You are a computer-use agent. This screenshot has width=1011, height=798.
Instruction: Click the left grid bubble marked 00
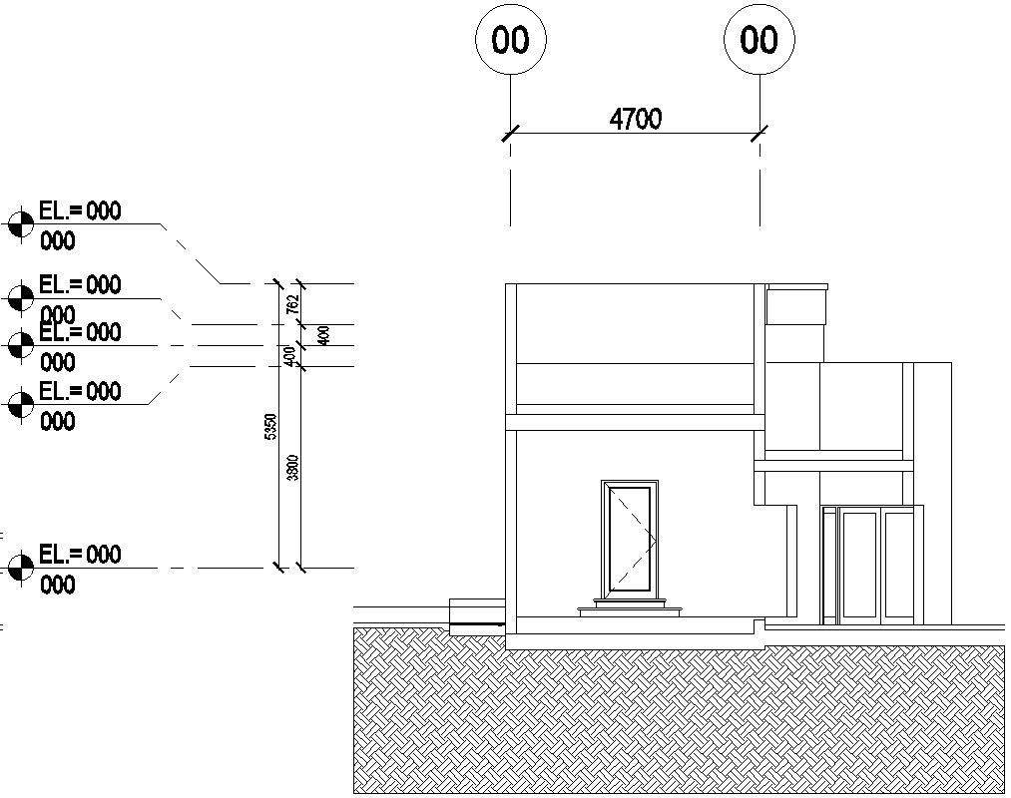click(x=511, y=40)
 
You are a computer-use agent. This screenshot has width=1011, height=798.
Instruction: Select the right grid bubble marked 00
click(x=759, y=40)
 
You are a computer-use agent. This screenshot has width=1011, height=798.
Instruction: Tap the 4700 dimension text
click(x=636, y=120)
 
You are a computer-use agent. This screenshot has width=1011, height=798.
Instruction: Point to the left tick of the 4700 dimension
click(x=511, y=133)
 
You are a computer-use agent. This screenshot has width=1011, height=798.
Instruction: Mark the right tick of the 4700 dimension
click(x=760, y=133)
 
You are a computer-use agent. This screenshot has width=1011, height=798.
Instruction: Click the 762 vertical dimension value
click(x=291, y=304)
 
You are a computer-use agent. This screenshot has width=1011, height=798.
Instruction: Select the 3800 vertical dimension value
click(x=292, y=467)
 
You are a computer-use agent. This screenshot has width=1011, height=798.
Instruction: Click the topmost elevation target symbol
click(x=19, y=224)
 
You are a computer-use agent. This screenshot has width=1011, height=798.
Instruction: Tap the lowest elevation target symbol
click(x=19, y=569)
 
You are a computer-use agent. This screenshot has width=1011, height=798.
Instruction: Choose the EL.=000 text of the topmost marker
click(x=80, y=210)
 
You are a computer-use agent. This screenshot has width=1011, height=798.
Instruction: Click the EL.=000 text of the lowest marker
click(x=80, y=555)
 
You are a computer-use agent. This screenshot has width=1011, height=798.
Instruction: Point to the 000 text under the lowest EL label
click(x=58, y=585)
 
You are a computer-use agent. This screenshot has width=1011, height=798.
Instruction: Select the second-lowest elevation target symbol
click(x=19, y=405)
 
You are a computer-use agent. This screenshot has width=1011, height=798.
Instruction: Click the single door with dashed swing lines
click(x=630, y=537)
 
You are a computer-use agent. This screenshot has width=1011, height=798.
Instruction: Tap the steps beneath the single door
click(x=630, y=605)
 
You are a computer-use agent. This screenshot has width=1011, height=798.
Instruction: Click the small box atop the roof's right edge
click(x=796, y=304)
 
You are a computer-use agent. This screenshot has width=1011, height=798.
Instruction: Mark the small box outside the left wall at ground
click(x=476, y=613)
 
